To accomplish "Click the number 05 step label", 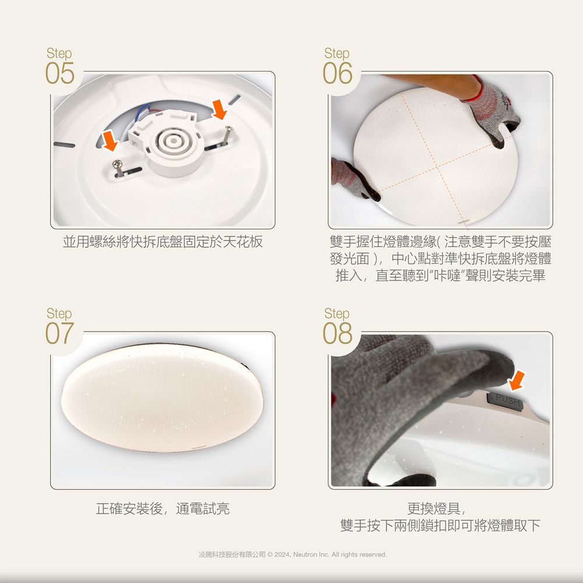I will pos(60,74).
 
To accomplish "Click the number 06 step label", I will pos(338,74).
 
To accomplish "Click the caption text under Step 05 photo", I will pos(163,242).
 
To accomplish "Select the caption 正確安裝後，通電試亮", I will pos(163,509).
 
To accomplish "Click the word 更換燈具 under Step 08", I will pos(438,509).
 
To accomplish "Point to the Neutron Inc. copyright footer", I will pos(292,554).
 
